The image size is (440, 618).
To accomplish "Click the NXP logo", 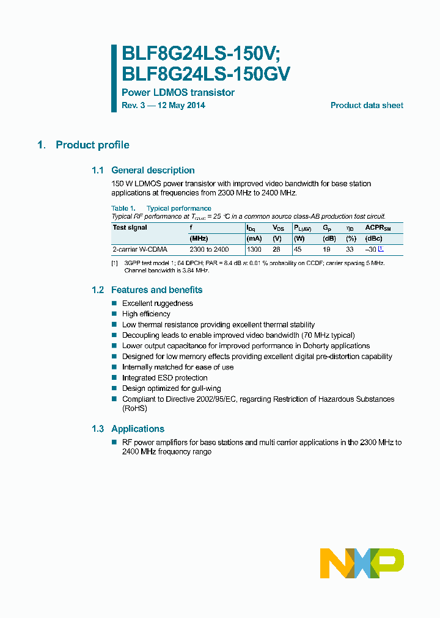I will click(362, 563).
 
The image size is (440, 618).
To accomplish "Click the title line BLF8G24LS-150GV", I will click(206, 74).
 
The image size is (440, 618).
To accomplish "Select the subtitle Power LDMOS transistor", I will click(178, 93).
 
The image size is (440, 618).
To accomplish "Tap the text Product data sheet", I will click(367, 105).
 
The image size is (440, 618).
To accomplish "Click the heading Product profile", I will click(92, 145).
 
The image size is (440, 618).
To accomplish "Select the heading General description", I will click(153, 170).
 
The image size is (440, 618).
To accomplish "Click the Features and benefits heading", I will click(156, 290).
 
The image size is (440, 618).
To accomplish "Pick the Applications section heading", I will click(137, 429).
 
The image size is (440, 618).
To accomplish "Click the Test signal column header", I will click(130, 228).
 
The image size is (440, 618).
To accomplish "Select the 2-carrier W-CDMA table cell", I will click(140, 249).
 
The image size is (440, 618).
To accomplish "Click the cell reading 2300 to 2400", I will click(209, 249).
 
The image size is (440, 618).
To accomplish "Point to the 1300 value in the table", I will click(254, 249).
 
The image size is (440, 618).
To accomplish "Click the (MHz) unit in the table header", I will click(199, 238).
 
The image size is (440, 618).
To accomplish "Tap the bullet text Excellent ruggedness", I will click(157, 304).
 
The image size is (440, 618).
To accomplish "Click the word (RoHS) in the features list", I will click(134, 409).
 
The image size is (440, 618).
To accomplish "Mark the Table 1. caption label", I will click(123, 209).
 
